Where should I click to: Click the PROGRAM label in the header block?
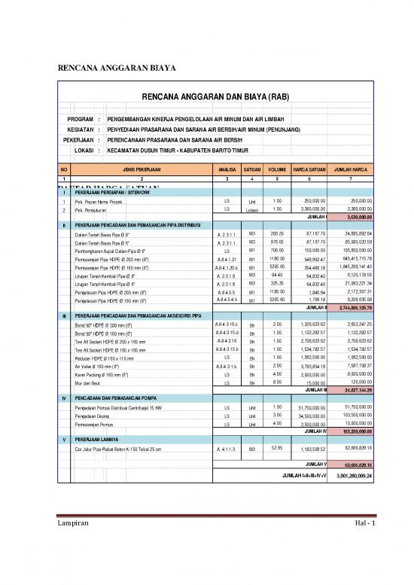(x=80, y=119)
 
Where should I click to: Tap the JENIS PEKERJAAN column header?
(x=141, y=170)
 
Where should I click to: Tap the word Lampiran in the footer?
(x=76, y=543)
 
